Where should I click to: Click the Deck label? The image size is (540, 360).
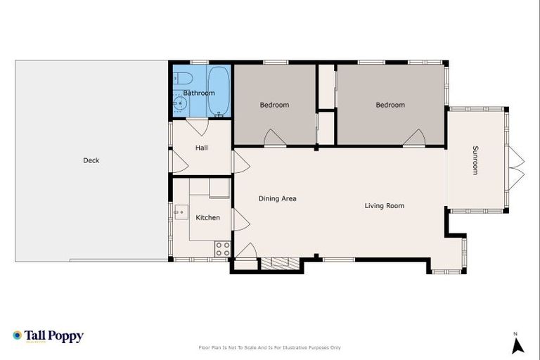(x=91, y=160)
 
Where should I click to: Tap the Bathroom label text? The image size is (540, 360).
(x=199, y=93)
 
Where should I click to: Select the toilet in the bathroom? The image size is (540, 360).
(x=179, y=77)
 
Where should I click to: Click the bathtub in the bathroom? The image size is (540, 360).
(x=218, y=90)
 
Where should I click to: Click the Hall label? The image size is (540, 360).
(x=202, y=148)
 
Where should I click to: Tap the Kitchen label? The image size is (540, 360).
(x=207, y=217)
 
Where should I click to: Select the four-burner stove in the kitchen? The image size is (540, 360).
(x=223, y=248)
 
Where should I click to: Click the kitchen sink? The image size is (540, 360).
(x=181, y=211)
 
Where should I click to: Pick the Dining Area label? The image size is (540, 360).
(x=277, y=198)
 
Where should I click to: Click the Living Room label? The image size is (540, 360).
(x=384, y=205)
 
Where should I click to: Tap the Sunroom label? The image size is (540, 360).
(x=475, y=160)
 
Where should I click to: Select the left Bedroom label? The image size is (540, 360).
(x=274, y=105)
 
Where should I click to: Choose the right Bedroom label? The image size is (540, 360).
(x=390, y=105)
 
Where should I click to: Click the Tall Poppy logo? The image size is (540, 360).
(x=48, y=336)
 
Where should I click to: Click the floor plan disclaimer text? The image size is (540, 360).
(x=270, y=347)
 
